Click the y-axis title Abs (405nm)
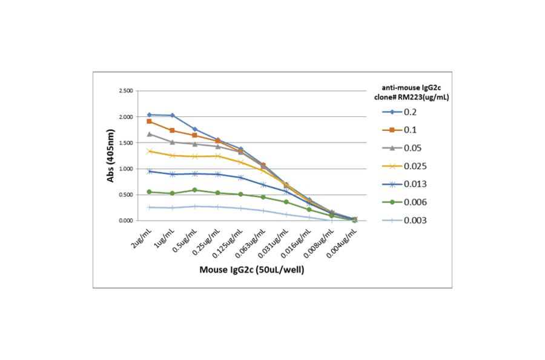110,156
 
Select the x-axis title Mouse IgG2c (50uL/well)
252,270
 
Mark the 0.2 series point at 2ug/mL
149,115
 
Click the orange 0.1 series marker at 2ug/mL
149,121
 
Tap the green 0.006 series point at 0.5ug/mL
194,190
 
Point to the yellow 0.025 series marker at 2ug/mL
149,151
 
